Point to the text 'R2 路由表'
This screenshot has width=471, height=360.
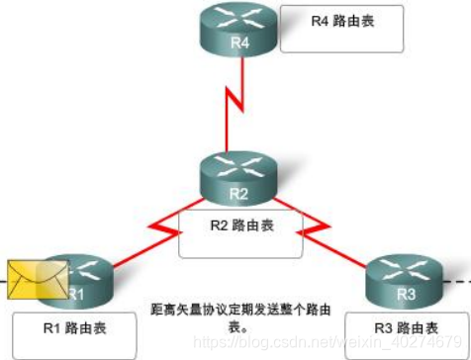(x=241, y=225)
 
